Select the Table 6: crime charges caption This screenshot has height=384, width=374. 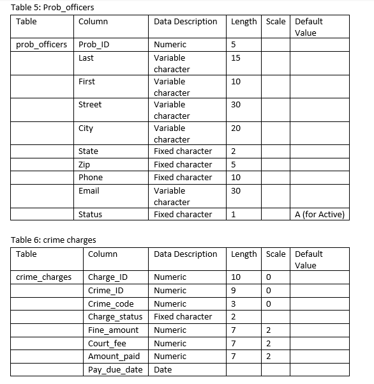click(x=54, y=240)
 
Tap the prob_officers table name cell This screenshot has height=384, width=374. click(x=41, y=45)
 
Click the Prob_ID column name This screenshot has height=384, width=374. click(x=94, y=45)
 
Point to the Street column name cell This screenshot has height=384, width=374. click(x=90, y=104)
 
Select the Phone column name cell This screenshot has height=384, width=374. click(x=91, y=177)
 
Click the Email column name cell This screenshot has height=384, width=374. click(x=89, y=190)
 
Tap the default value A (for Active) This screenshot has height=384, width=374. click(x=320, y=214)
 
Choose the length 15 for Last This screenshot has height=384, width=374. click(x=236, y=58)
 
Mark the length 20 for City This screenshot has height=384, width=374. click(x=236, y=128)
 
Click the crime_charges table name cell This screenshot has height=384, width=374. click(x=44, y=277)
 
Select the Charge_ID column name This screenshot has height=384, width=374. click(x=107, y=277)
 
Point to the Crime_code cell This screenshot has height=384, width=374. click(x=110, y=303)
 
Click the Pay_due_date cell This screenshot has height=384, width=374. click(x=115, y=369)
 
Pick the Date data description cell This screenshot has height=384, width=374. click(x=163, y=369)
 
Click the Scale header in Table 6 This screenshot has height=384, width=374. click(x=276, y=254)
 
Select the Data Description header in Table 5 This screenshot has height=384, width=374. click(x=185, y=21)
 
